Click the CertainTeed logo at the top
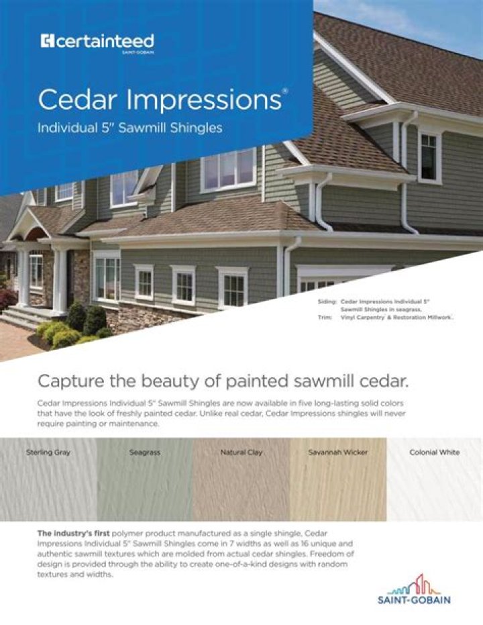tap(97, 42)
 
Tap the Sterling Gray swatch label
tap(48, 452)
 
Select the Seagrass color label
tap(144, 452)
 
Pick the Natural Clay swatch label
tap(241, 452)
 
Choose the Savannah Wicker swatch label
tap(337, 452)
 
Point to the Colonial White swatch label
tap(434, 452)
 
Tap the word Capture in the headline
tap(69, 381)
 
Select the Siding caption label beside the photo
tap(327, 303)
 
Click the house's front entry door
tap(70, 278)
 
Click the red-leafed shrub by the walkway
tap(7, 299)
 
